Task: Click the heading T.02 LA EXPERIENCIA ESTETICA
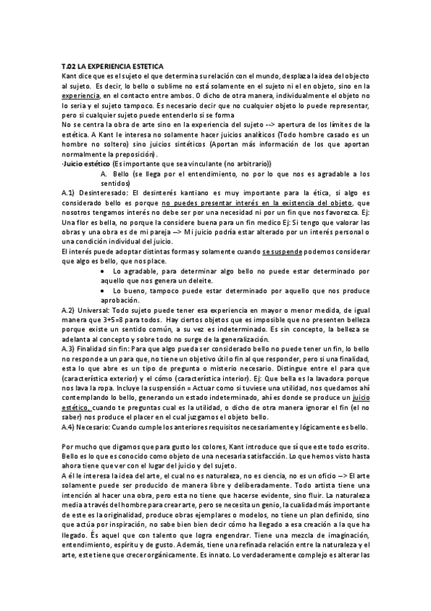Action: point(113,66)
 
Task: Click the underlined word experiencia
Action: point(81,94)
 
